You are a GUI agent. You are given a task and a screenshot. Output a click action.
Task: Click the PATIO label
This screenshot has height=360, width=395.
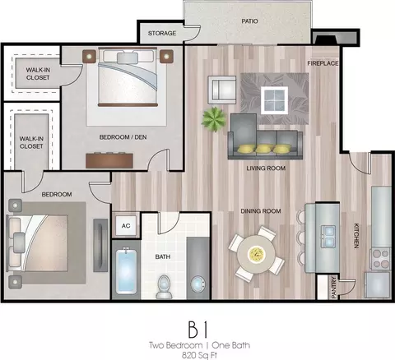[x=249, y=21]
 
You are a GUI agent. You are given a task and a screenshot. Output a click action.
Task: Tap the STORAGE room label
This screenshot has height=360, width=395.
[x=162, y=33]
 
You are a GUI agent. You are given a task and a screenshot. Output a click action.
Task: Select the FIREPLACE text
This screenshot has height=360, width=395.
[x=323, y=63]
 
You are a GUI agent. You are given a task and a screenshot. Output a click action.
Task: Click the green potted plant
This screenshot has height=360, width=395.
[x=214, y=120]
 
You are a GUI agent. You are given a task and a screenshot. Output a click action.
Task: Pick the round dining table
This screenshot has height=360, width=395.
[x=256, y=253]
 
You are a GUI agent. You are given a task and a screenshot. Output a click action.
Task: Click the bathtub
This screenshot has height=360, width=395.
[x=126, y=270]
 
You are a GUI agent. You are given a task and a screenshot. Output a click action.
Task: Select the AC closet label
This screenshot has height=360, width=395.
[x=126, y=226]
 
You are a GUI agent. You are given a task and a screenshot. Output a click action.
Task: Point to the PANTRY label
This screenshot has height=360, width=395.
[x=334, y=288]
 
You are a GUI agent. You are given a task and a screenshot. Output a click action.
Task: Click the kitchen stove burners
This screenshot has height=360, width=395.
[x=381, y=258]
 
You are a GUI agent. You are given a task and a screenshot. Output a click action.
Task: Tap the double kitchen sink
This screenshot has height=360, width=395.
[x=328, y=237]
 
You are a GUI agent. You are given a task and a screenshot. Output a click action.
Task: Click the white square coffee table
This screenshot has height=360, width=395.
[x=274, y=100]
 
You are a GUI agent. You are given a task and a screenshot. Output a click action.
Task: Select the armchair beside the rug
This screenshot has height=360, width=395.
[x=222, y=90]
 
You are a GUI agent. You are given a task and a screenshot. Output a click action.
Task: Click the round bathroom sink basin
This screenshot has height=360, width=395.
[x=197, y=285]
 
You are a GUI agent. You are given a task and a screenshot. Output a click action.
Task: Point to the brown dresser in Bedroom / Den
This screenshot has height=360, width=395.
[x=109, y=160]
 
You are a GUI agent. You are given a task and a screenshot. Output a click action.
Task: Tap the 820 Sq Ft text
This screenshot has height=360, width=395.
[x=199, y=355]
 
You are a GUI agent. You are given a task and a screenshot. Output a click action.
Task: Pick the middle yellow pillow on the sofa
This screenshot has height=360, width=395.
[x=264, y=149]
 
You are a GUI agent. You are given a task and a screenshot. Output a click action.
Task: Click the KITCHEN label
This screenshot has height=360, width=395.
[x=356, y=236]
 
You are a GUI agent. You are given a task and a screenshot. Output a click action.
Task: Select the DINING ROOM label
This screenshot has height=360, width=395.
[x=261, y=211]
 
